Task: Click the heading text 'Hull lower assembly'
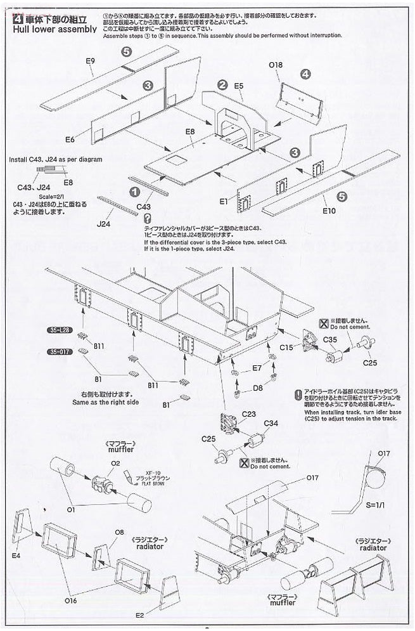(54, 29)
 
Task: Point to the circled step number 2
(222, 84)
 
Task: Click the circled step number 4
(305, 74)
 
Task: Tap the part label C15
(286, 347)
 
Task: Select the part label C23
(248, 413)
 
